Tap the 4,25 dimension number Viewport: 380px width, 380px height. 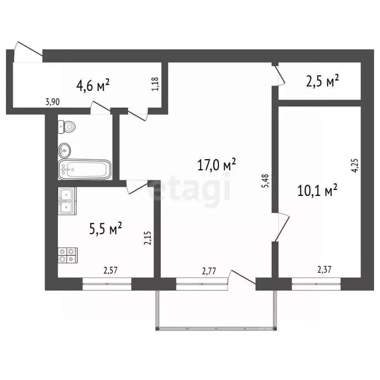tap(354, 165)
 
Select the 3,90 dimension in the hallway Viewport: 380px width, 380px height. tap(52, 102)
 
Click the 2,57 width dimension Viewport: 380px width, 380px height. tap(111, 270)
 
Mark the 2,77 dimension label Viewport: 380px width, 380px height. tap(210, 270)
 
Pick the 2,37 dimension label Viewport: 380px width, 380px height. tap(325, 270)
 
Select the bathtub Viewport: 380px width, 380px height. tap(83, 169)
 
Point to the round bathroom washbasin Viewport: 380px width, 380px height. tap(65, 148)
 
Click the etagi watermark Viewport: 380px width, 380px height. tap(190, 190)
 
